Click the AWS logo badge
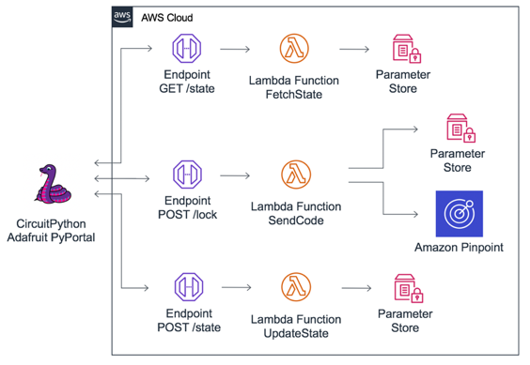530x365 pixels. coord(122,17)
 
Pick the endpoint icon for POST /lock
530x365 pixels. coord(186,175)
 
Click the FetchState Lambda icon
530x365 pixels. coord(294,49)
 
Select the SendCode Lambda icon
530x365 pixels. coord(294,175)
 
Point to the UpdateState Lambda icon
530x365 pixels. coord(294,284)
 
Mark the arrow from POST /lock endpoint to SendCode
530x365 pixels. coord(240,175)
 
